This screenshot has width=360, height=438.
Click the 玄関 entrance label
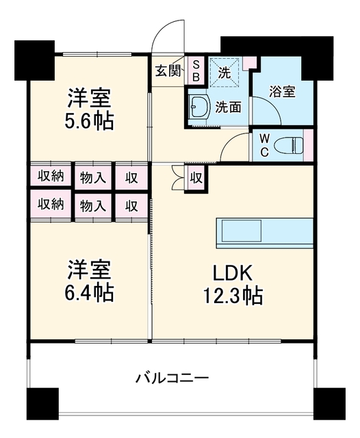click(168, 70)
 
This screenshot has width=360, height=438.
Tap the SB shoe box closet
click(196, 70)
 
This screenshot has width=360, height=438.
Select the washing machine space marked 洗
click(224, 73)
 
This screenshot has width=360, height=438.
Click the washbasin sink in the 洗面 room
click(199, 107)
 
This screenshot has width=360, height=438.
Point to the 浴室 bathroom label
click(282, 91)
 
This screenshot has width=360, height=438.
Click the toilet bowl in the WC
click(289, 145)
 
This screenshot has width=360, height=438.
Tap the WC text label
click(264, 144)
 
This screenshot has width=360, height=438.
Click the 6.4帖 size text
click(89, 292)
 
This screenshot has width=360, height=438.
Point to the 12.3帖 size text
click(233, 295)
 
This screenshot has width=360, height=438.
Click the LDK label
click(233, 273)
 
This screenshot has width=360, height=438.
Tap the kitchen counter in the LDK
click(264, 233)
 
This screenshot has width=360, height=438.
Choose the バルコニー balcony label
click(172, 378)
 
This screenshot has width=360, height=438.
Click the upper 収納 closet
click(51, 176)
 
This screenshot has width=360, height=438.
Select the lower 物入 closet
click(93, 206)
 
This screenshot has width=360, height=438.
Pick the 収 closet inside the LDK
click(196, 178)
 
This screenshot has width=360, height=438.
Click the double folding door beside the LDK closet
click(178, 178)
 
